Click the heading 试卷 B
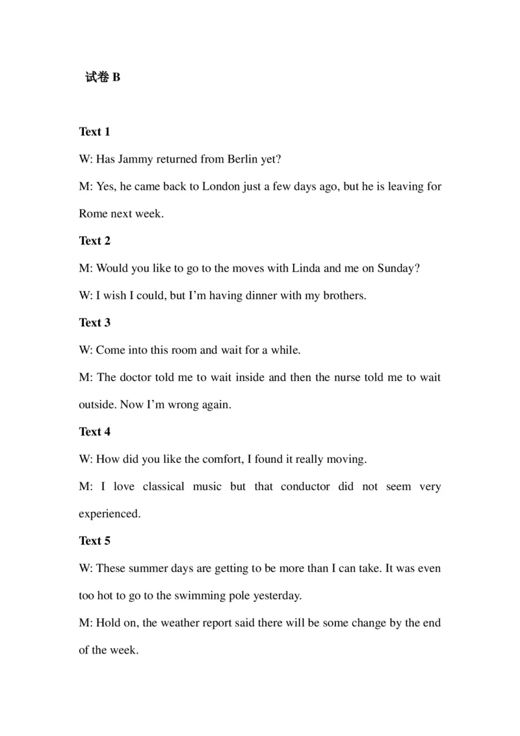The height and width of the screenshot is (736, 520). click(x=103, y=77)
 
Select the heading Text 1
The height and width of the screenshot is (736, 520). click(x=94, y=132)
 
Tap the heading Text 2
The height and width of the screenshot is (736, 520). click(x=94, y=241)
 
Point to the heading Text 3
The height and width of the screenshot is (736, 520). click(x=94, y=322)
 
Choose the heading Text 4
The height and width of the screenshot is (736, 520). click(x=94, y=432)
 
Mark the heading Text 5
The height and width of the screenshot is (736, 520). click(x=94, y=541)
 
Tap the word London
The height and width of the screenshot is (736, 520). click(x=223, y=187)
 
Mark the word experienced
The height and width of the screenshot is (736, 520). click(x=109, y=514)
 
